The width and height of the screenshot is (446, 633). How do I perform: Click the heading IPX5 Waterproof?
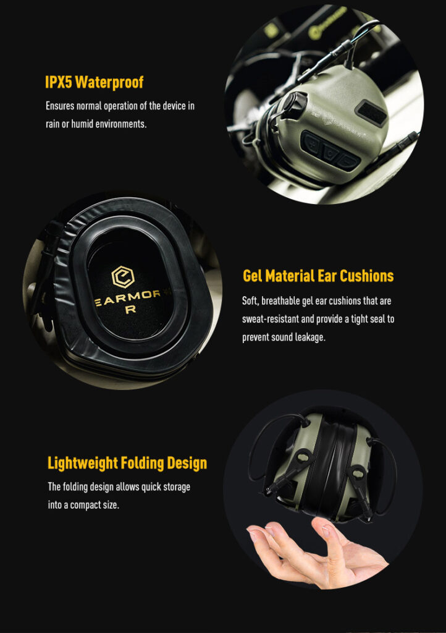pos(94,82)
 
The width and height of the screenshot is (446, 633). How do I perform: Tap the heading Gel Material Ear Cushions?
pos(318,276)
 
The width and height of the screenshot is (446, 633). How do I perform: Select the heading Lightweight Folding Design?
pos(127,463)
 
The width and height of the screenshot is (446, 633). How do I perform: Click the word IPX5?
pos(58,82)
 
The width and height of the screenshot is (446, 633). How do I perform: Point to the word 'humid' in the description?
pos(82,124)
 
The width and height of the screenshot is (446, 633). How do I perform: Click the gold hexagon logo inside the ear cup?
pos(122,277)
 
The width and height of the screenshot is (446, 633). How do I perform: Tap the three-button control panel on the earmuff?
pos(330,151)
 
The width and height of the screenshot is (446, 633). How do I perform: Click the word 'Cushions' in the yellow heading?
pos(366,276)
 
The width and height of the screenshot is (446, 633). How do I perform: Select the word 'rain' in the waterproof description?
pos(53,124)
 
